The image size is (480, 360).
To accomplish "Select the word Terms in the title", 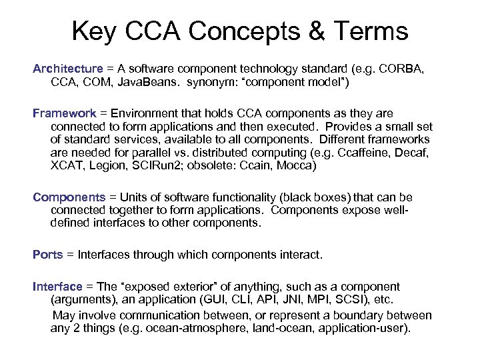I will click(x=371, y=31).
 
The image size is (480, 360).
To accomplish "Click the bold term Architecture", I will click(x=68, y=69).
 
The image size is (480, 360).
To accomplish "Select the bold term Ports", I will click(x=48, y=255).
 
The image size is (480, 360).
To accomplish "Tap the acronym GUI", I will click(x=248, y=299).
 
